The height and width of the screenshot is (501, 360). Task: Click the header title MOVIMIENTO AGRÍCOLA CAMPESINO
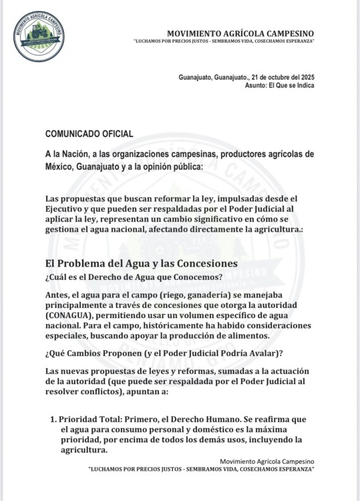coord(240,33)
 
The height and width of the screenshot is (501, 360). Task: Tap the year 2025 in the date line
coord(305,77)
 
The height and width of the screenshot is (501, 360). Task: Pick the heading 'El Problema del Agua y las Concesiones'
coord(142,263)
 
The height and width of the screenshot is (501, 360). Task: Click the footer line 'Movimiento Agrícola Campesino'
coord(266,462)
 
